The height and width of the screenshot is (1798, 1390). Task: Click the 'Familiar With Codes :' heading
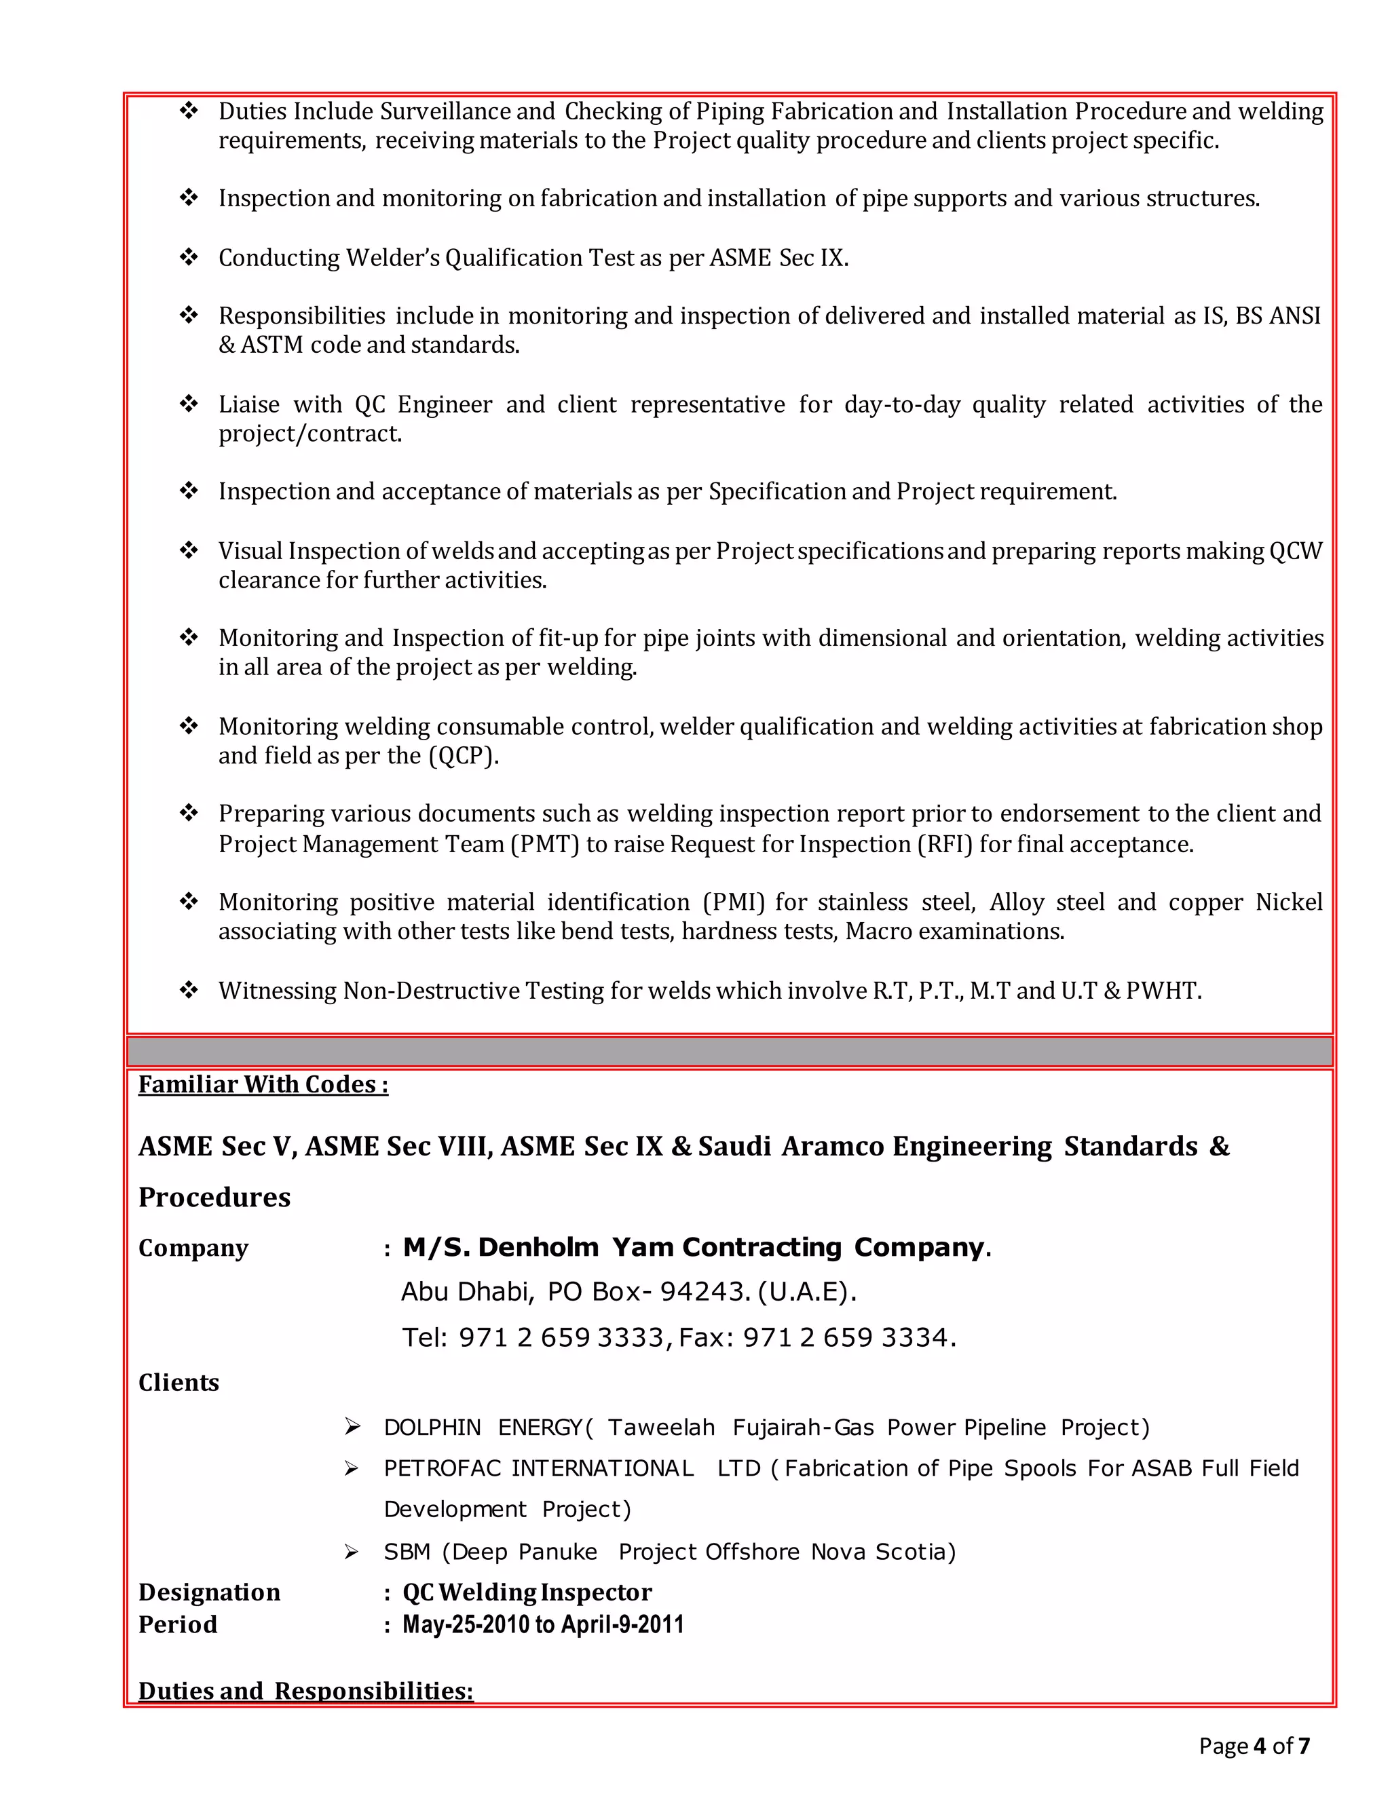pos(263,1084)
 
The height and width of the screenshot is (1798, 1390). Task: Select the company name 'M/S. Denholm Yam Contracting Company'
pos(692,1247)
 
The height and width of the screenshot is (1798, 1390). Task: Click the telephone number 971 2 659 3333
pos(561,1337)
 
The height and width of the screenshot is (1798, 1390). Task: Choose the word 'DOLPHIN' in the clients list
pos(432,1427)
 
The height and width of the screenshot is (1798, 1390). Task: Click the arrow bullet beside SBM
pos(352,1552)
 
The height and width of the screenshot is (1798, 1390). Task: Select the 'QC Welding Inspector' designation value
pos(527,1592)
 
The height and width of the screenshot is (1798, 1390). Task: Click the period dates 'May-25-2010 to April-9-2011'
pos(543,1624)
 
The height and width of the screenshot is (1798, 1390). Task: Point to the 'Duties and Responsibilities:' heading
pos(305,1690)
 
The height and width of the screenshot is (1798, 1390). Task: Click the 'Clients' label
pos(179,1382)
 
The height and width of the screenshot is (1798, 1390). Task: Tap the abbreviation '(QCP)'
pos(464,756)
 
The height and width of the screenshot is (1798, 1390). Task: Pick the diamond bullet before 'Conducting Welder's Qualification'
pos(189,258)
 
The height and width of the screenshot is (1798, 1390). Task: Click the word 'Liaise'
pos(248,404)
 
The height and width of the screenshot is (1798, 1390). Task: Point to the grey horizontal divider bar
pos(729,1051)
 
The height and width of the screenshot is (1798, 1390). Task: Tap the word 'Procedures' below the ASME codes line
pos(214,1197)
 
